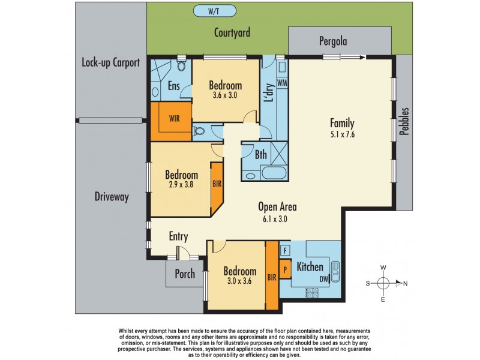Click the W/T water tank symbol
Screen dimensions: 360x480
click(x=214, y=11)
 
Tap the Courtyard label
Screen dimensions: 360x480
click(x=232, y=32)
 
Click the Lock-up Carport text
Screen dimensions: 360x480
click(x=111, y=62)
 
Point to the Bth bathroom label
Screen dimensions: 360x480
click(x=260, y=155)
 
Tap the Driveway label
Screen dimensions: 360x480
click(x=112, y=197)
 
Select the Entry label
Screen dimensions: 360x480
click(x=180, y=236)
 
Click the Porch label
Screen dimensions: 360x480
click(x=184, y=274)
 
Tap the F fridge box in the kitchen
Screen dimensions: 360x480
click(x=286, y=250)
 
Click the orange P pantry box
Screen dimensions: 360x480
click(x=286, y=268)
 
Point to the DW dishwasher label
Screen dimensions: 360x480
click(x=324, y=278)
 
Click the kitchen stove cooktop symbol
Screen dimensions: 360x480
click(x=312, y=292)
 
